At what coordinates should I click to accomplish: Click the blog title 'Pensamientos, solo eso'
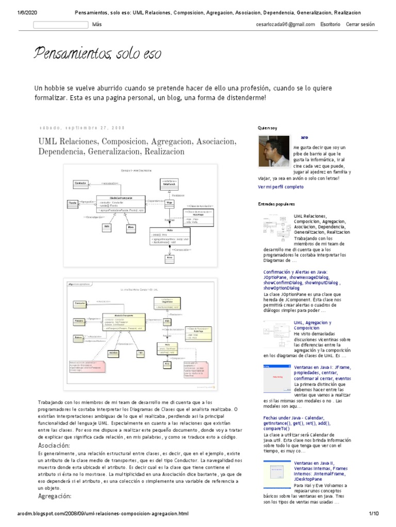97,53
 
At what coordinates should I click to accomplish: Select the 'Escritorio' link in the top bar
330,24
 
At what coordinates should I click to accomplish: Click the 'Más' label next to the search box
97,24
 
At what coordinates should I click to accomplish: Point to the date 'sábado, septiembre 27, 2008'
82,127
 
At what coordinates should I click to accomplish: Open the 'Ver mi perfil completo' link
280,187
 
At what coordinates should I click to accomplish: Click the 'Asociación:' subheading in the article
54,445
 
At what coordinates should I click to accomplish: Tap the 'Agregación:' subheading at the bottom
55,496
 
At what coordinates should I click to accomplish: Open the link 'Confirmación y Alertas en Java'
295,271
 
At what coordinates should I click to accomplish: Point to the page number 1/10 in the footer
374,514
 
